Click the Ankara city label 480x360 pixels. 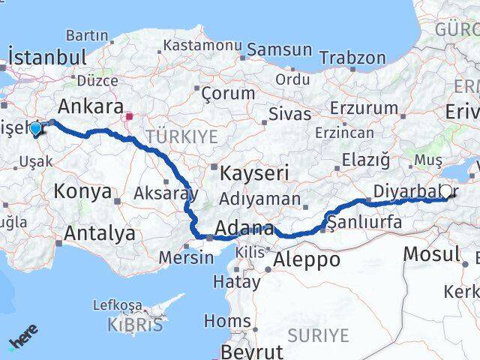click(91, 105)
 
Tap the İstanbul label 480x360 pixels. click(48, 57)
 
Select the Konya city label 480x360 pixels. click(82, 191)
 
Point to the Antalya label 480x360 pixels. click(100, 233)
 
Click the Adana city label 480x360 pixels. click(244, 228)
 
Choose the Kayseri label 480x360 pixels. click(254, 174)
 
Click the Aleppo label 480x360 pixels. click(307, 260)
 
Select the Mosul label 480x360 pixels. click(430, 253)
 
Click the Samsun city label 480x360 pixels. click(279, 50)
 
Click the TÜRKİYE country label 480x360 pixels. click(181, 136)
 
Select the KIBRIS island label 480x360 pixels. click(135, 325)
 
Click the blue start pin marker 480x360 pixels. click(35, 129)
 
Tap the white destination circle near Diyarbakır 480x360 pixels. click(446, 191)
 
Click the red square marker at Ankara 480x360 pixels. click(129, 117)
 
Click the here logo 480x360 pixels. click(23, 338)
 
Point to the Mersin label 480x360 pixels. click(186, 257)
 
